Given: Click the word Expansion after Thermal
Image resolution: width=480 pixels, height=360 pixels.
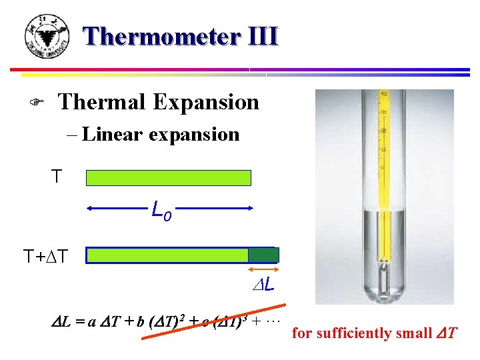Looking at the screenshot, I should [206, 102].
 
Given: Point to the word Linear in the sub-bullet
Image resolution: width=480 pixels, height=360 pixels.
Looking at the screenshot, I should [113, 134].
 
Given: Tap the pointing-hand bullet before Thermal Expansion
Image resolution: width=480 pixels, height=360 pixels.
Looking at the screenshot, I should [39, 103].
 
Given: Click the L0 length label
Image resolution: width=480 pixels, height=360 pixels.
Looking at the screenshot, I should [161, 212].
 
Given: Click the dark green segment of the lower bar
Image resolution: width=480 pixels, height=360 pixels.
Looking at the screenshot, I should [263, 255].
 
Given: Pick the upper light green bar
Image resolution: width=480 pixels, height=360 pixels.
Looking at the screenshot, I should [169, 177].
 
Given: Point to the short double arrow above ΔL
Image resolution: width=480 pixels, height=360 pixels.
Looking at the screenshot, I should [263, 270].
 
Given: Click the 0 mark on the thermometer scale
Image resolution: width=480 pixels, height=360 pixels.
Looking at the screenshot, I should [382, 168].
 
